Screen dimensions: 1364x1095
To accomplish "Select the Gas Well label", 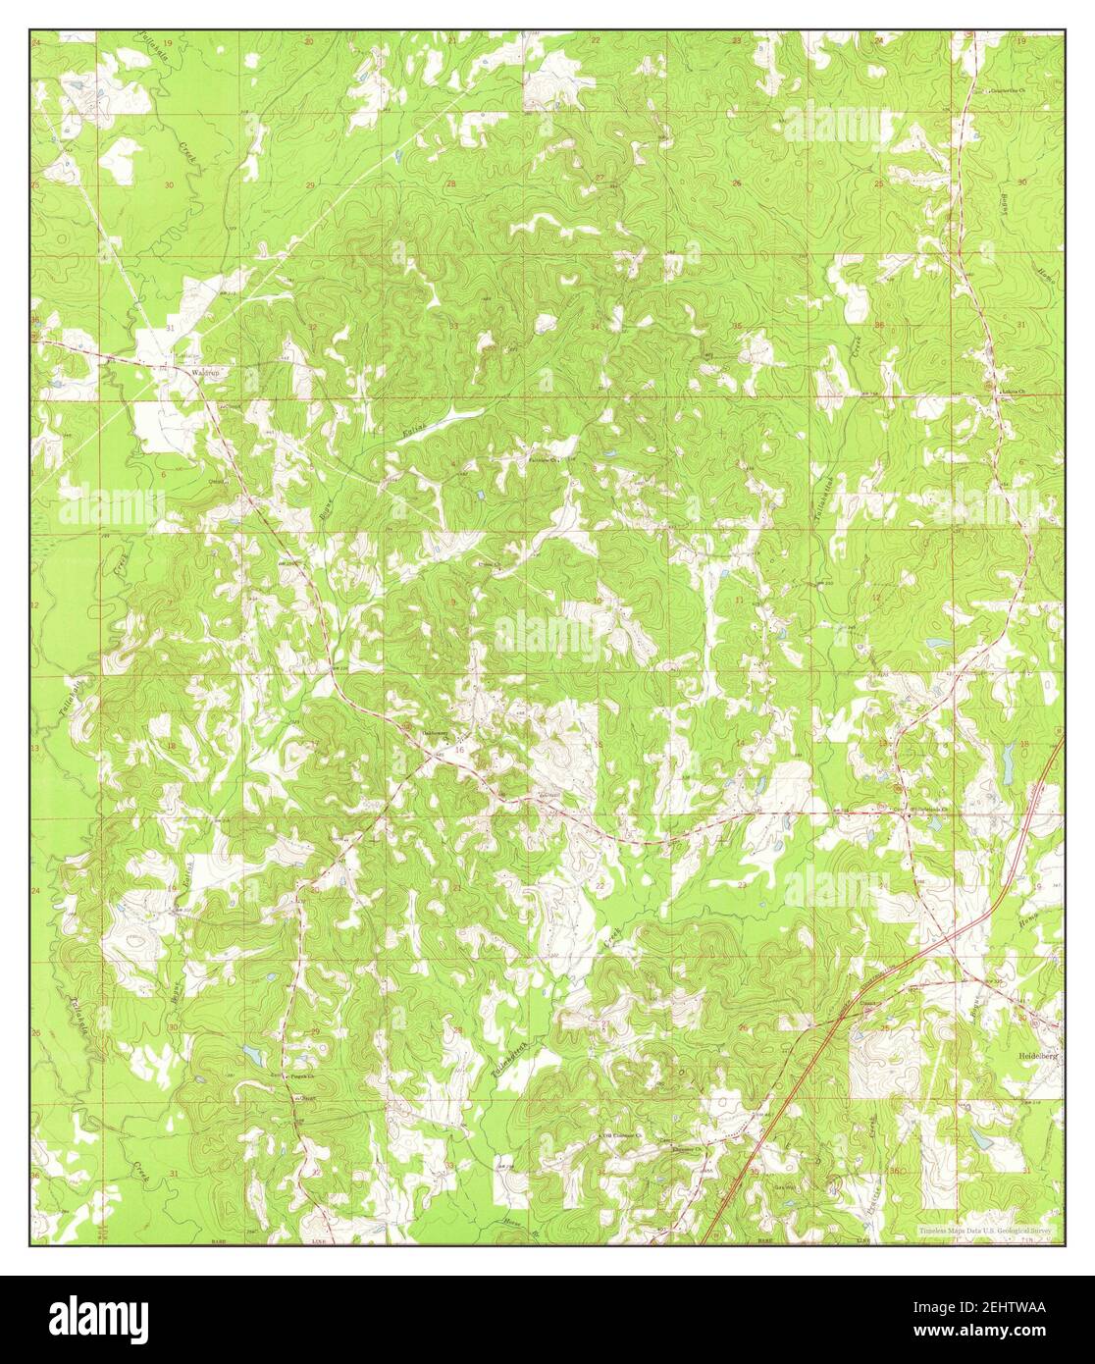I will (x=784, y=1185).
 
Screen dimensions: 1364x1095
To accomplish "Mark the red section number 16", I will (x=459, y=749).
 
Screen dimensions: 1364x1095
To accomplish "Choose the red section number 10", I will (x=597, y=602).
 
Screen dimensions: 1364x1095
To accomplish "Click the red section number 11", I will (x=739, y=598).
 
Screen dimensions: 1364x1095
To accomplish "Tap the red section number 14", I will (x=739, y=744).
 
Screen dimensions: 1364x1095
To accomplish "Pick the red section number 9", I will (x=453, y=602).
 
